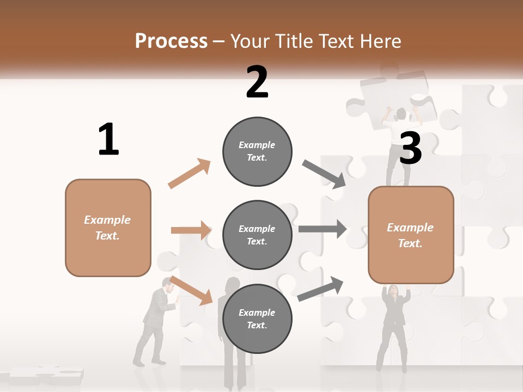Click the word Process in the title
pos(171,41)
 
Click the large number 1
pos(108,140)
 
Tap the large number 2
pos(257,82)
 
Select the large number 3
pos(411,148)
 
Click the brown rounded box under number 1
pos(108,228)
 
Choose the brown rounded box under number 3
pos(411,235)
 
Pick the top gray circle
pos(257,151)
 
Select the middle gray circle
pos(257,235)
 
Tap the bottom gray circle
pos(257,318)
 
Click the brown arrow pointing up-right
pos(189,174)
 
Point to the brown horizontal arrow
pos(191,230)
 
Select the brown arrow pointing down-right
pos(191,290)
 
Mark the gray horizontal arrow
pos(322,229)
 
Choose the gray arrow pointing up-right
pos(320,289)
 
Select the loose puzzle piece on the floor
pos(46,375)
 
